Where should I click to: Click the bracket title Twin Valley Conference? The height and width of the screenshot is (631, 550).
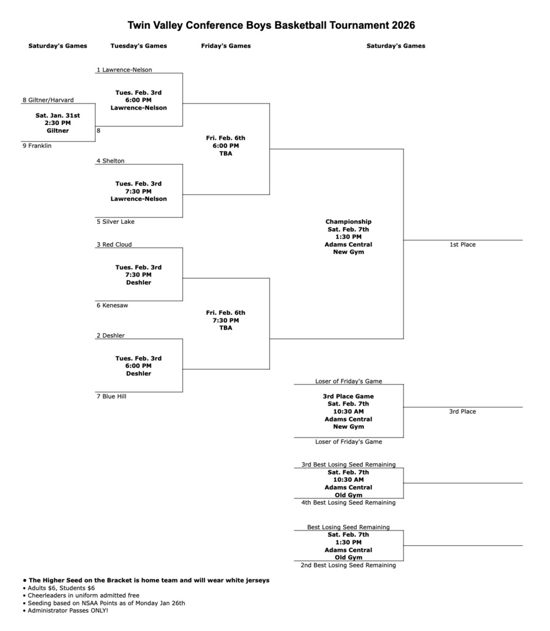271,25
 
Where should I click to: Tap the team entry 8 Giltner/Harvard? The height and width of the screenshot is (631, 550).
48,100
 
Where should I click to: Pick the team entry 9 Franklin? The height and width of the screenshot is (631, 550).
37,146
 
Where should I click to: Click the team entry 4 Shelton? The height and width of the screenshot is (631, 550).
110,161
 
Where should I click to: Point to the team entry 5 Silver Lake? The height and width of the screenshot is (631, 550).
115,221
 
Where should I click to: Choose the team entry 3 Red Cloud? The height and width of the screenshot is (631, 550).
114,245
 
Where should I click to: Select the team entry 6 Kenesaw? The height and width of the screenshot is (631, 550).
112,305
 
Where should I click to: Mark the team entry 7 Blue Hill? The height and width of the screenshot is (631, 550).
111,396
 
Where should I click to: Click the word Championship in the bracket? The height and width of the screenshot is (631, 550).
348,221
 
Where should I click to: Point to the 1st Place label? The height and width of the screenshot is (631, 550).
462,245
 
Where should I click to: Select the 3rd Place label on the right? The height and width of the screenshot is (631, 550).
462,411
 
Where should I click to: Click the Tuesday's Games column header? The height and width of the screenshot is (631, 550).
138,46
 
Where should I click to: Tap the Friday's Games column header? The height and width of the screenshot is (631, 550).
226,46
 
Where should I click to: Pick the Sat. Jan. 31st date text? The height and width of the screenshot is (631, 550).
58,115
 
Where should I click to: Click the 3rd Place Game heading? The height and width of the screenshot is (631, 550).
348,396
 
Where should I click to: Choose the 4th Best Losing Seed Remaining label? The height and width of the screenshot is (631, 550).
348,502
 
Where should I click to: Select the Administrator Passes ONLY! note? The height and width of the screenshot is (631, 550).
68,610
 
